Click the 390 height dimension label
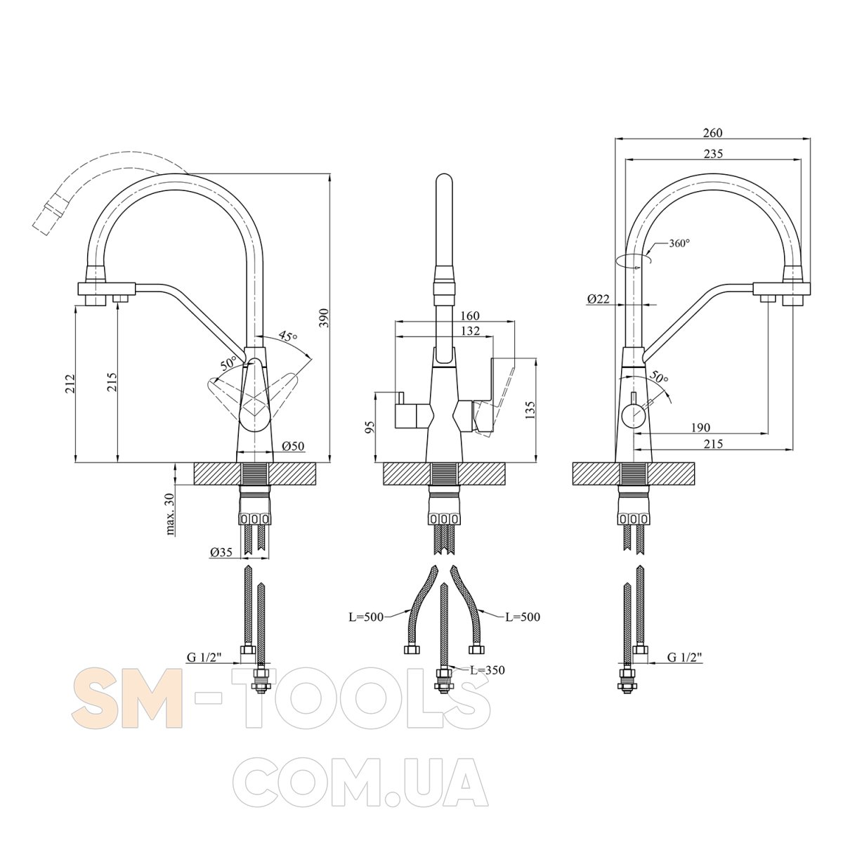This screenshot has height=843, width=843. point(324,318)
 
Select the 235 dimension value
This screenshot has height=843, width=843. point(713,154)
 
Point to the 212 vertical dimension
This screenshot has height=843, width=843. point(70,384)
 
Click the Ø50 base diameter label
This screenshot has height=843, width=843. point(293,446)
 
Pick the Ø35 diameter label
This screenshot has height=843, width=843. point(221,552)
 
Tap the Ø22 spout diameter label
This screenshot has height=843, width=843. point(598,299)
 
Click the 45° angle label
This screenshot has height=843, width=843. point(288,336)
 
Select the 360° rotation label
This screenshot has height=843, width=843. point(679,243)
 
